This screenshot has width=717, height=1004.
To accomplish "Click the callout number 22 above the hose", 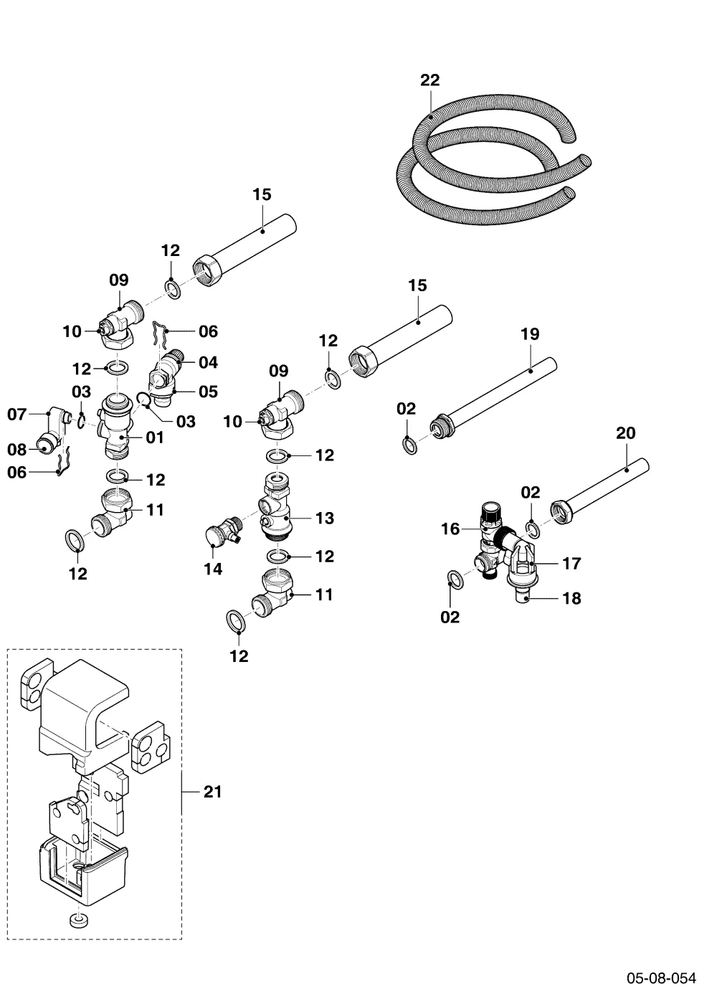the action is (429, 80).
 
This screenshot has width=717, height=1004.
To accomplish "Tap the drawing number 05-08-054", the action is (661, 977).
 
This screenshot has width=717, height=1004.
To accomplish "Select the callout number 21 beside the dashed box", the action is (212, 792).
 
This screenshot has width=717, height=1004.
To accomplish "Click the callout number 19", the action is (530, 334).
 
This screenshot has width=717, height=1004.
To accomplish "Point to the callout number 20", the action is (625, 433).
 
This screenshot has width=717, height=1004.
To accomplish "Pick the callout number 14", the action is (213, 569).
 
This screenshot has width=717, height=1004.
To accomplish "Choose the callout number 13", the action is (325, 518).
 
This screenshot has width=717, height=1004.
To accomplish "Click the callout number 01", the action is (155, 437).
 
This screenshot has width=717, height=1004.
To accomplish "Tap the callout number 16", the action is (450, 529).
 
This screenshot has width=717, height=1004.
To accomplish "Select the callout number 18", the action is (572, 598).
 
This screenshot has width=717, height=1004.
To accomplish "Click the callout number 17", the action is (572, 564).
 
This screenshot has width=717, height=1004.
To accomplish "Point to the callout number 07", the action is (17, 415).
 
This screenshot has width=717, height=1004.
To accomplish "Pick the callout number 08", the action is (17, 449).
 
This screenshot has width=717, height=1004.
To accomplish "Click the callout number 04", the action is (209, 362).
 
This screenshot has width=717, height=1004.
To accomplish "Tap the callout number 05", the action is (209, 392).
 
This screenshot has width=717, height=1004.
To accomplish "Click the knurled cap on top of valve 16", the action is (490, 511).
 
